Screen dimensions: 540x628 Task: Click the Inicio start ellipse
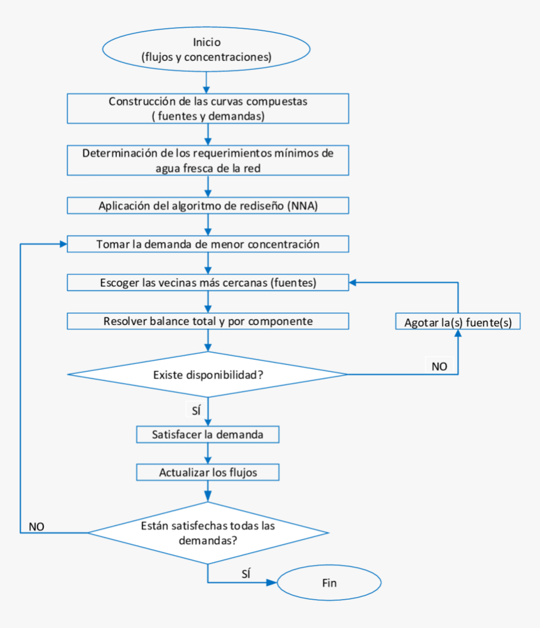pos(207,49)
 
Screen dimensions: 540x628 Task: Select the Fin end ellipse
pos(329,582)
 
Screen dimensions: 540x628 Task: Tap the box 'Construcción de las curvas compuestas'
pos(208,109)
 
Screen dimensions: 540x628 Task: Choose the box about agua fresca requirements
pos(208,160)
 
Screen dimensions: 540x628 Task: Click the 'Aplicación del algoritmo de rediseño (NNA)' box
pos(208,206)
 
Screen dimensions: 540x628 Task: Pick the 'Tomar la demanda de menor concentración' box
pos(208,244)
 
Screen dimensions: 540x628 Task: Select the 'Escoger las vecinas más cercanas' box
pos(208,282)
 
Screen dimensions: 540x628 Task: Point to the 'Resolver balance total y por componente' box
pos(208,321)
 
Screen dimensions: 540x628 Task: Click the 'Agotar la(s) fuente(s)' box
pos(458,321)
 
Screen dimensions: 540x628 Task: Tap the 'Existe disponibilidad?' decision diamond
pos(208,375)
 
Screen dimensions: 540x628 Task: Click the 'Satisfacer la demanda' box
pos(208,434)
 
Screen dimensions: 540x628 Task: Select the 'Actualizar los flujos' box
pos(208,472)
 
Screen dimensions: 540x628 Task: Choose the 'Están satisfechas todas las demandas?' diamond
pos(208,532)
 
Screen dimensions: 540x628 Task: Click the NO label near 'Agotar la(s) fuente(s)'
pos(439,366)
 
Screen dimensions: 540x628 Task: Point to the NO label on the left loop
pos(36,527)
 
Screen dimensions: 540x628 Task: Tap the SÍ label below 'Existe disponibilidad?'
pos(196,410)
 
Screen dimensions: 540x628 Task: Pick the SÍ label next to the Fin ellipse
pos(246,574)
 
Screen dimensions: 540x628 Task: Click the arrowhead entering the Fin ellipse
pos(272,582)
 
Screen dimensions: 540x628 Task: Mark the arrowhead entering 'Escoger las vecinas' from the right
pos(353,282)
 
